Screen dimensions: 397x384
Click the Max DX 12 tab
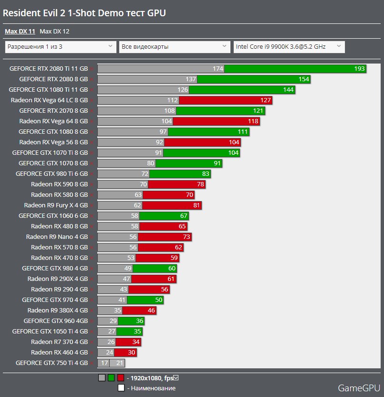(54, 32)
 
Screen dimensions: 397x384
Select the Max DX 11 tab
(20, 32)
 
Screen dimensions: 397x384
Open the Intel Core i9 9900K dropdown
(289, 47)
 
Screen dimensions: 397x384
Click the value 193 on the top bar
(359, 69)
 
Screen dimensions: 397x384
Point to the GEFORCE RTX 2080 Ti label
(48, 69)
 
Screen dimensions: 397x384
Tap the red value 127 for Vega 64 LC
(266, 100)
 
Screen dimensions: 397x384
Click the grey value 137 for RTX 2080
(191, 79)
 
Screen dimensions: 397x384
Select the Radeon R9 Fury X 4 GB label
(56, 205)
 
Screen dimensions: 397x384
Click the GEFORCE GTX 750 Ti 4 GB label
(52, 363)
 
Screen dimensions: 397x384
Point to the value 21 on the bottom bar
(120, 363)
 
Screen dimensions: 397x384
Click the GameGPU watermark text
(358, 387)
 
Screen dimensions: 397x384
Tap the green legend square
(111, 378)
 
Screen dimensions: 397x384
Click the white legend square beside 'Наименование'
(121, 388)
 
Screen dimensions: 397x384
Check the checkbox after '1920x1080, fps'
(176, 378)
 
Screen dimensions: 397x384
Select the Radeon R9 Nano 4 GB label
(57, 237)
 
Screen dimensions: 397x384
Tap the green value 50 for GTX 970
(159, 300)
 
